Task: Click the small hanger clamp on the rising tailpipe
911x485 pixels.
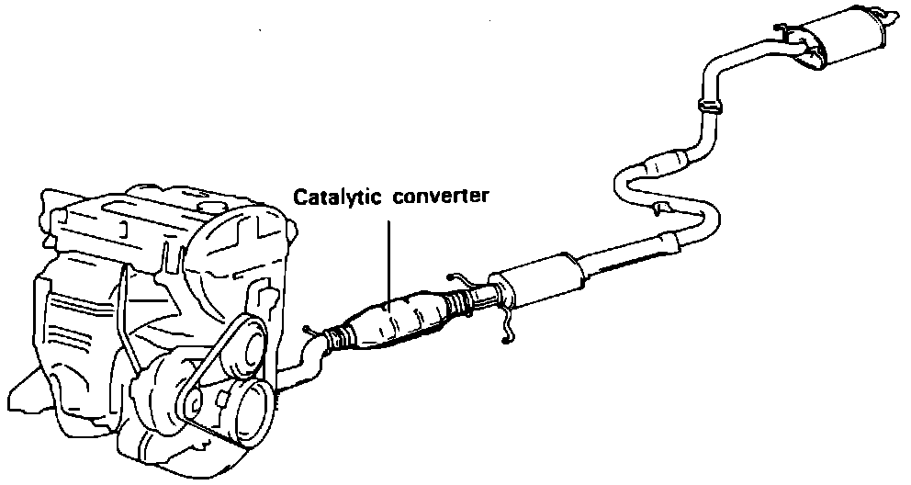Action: coord(708,106)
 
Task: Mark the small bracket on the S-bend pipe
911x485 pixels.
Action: coord(658,210)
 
